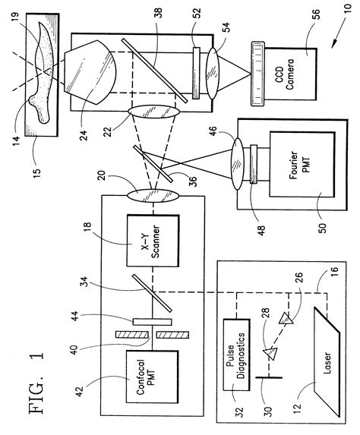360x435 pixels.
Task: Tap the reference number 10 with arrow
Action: [x=345, y=27]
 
